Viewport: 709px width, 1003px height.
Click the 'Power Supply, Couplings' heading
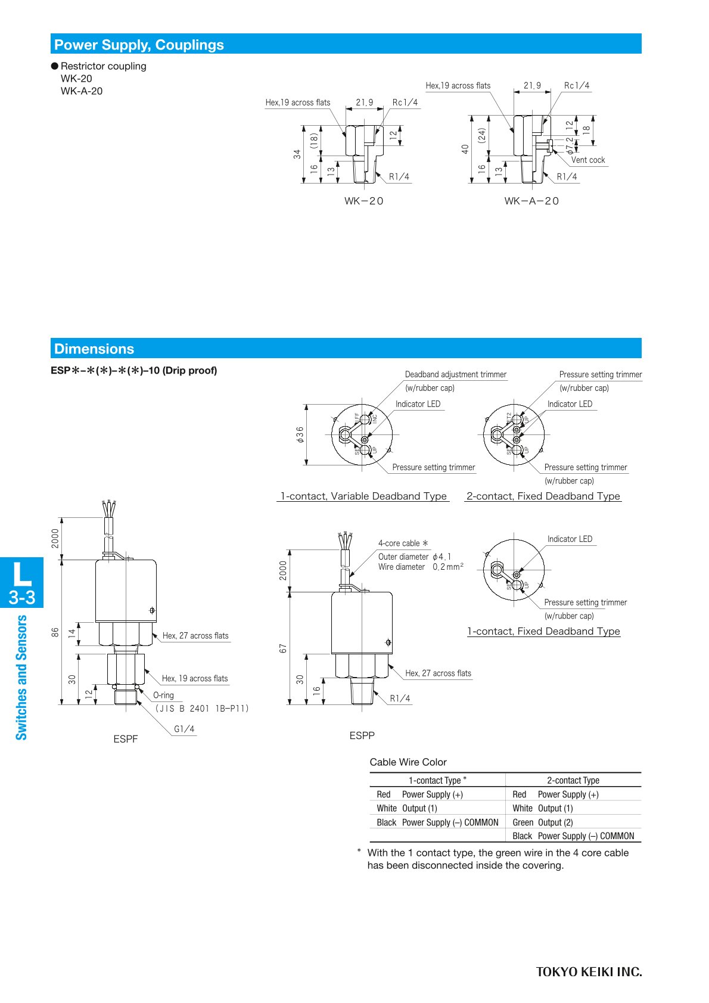pyautogui.click(x=139, y=45)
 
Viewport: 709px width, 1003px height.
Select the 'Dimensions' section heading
pyautogui.click(x=94, y=349)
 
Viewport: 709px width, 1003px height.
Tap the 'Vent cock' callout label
pyautogui.click(x=587, y=160)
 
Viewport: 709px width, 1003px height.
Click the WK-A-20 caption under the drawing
pyautogui.click(x=531, y=201)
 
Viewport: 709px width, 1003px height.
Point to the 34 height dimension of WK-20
pyautogui.click(x=297, y=154)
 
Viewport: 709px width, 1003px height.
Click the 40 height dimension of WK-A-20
pyautogui.click(x=465, y=149)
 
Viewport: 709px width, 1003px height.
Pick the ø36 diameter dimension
pyautogui.click(x=300, y=434)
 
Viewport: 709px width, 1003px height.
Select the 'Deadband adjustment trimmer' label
pyautogui.click(x=455, y=374)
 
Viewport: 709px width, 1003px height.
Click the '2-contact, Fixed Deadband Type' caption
pyautogui.click(x=543, y=496)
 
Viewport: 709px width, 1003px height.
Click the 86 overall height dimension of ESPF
pyautogui.click(x=55, y=632)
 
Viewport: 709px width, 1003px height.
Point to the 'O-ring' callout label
pyautogui.click(x=163, y=695)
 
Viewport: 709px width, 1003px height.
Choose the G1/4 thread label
pyautogui.click(x=184, y=729)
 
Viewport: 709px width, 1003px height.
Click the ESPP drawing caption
pyautogui.click(x=362, y=735)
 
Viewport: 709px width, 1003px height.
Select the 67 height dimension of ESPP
pyautogui.click(x=283, y=648)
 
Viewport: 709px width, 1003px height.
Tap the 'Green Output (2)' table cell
pyautogui.click(x=542, y=822)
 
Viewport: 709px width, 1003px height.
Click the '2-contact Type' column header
pyautogui.click(x=573, y=780)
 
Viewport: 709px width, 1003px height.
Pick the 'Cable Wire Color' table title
pyautogui.click(x=408, y=762)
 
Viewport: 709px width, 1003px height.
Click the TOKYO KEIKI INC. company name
pyautogui.click(x=589, y=972)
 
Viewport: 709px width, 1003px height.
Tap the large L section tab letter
pyautogui.click(x=21, y=573)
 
